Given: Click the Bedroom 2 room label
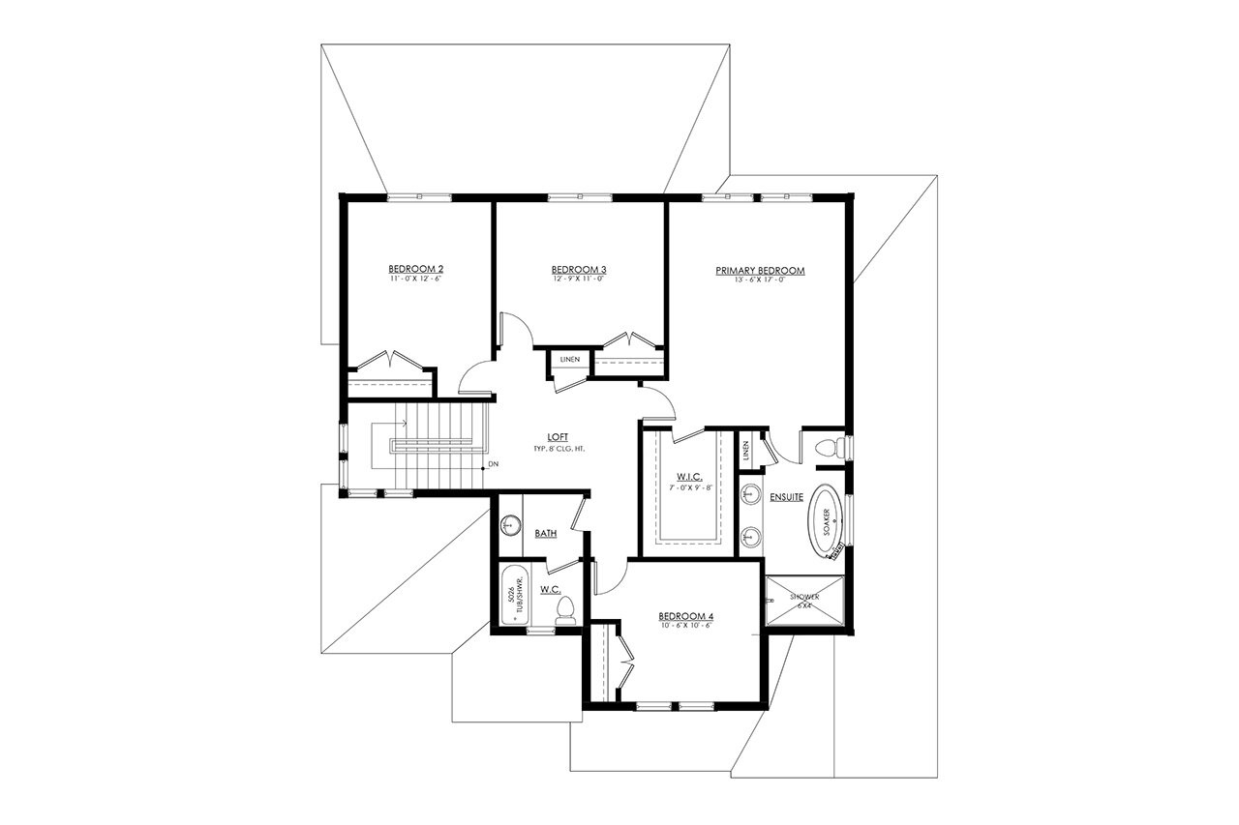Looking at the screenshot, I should [416, 268].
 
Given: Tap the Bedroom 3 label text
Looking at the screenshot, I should [579, 268].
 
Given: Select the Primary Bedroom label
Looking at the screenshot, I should [761, 271].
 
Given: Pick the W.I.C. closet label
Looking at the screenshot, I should [689, 476].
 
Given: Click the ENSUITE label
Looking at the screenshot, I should [787, 497].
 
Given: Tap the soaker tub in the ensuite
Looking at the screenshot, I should [826, 520].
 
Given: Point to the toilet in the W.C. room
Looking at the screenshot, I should [566, 609].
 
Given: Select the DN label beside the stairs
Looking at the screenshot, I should [493, 466].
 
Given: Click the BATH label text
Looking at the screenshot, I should [545, 533].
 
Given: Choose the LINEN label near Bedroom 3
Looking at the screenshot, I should [570, 360].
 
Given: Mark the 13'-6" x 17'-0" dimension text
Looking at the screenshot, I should [761, 280].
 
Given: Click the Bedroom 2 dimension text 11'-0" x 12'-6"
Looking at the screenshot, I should [416, 278].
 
